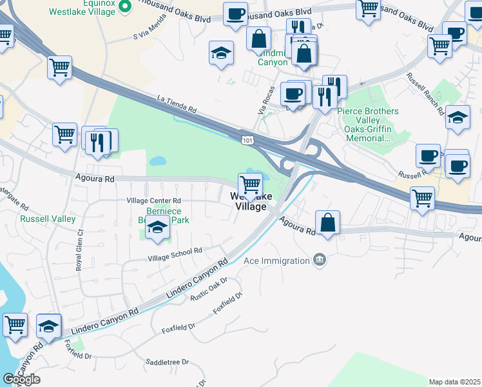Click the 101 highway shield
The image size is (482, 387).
[248, 140]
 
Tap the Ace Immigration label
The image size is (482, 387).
[276, 261]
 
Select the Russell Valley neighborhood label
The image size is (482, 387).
[48, 219]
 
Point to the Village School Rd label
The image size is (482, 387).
[175, 253]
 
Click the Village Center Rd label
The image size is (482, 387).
[154, 201]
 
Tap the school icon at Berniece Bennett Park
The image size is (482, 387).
[157, 228]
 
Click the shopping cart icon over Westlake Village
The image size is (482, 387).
[250, 185]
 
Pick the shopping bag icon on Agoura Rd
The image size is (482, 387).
[328, 223]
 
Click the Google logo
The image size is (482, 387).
[21, 379]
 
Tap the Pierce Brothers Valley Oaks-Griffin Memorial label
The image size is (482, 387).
[368, 124]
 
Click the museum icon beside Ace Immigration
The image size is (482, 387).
[319, 260]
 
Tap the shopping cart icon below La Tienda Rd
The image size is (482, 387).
[64, 135]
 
